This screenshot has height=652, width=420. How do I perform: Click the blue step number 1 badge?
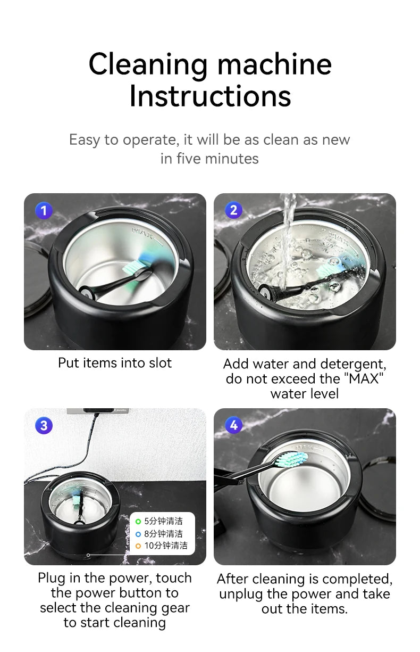point(44,211)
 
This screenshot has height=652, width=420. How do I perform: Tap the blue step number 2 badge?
point(233,210)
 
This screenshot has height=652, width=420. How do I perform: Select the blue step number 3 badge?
point(44,425)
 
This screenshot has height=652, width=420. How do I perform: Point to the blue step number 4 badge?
point(233,425)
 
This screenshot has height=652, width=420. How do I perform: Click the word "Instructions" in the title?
point(210,96)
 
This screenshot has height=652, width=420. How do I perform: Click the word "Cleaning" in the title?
point(148,64)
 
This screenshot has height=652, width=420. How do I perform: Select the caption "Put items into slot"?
point(115,363)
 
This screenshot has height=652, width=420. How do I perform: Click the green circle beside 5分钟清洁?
point(138,522)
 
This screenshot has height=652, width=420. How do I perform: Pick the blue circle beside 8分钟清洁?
point(138,534)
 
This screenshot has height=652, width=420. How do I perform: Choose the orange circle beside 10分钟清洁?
point(138,546)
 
